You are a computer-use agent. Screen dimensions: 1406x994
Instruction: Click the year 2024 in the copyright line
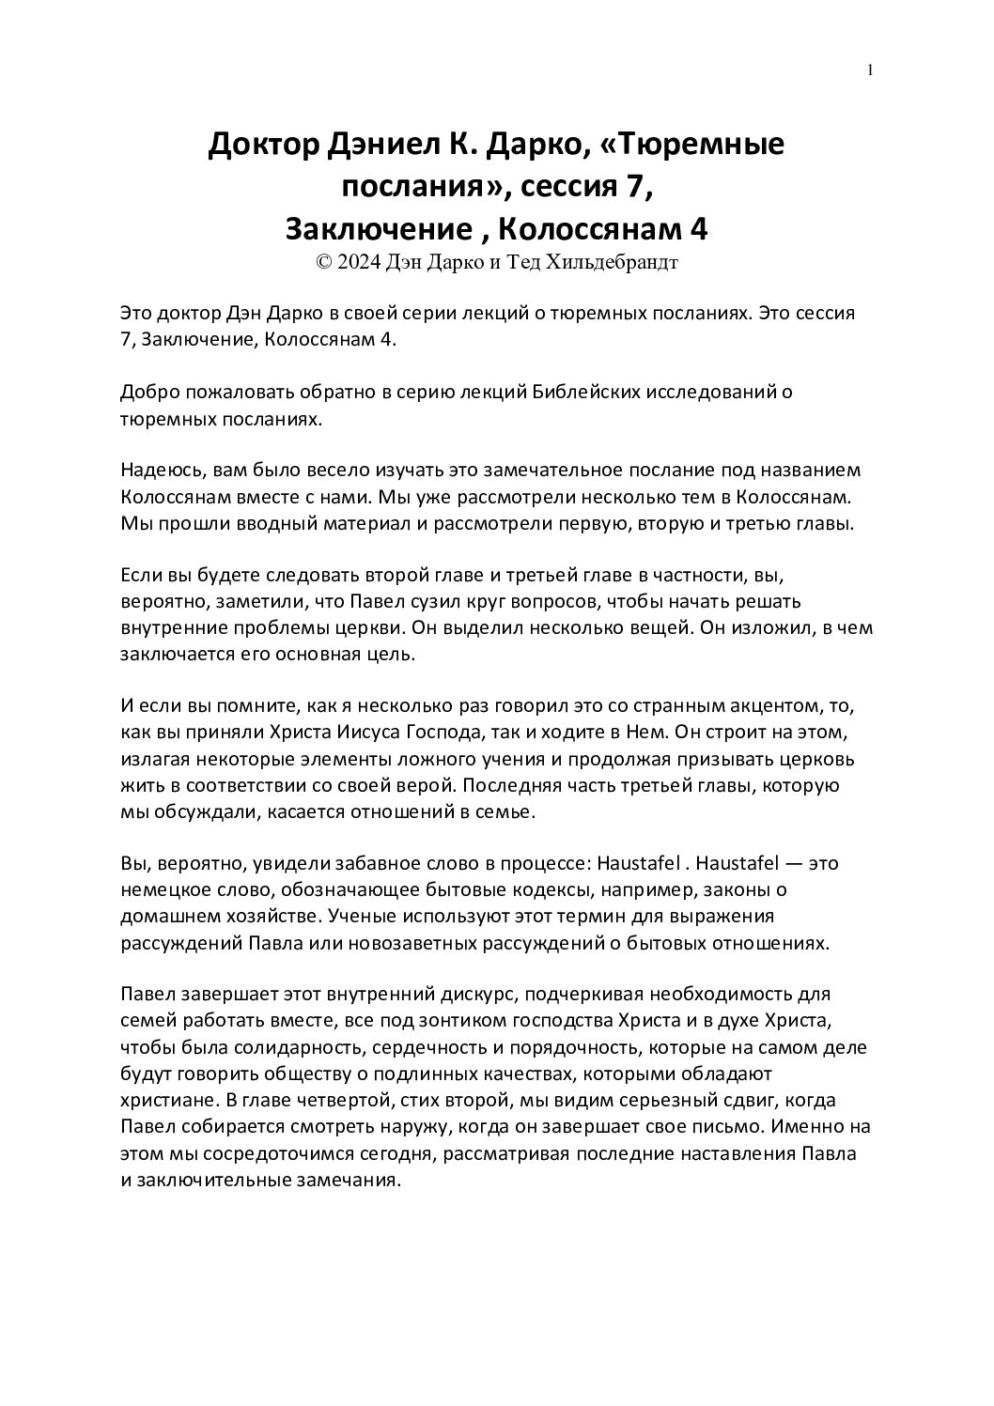point(358,264)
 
